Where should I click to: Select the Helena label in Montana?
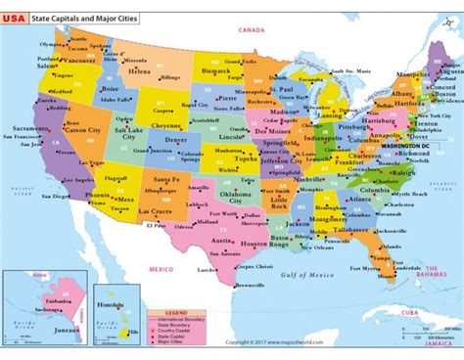139,71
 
